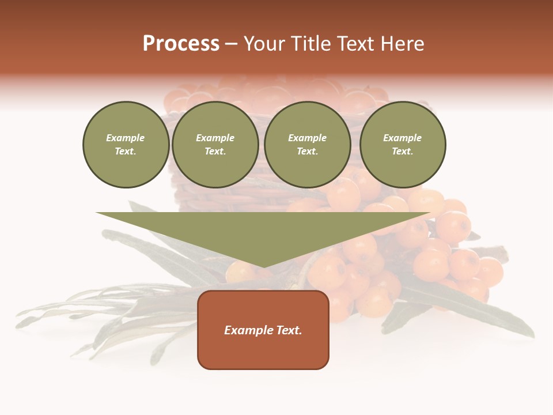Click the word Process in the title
click(181, 44)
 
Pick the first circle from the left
click(126, 145)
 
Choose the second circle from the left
click(215, 145)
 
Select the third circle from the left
click(307, 145)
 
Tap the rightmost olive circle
click(402, 145)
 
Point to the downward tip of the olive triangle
click(263, 266)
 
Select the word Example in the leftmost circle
click(126, 138)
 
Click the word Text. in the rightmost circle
click(402, 152)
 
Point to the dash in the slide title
click(232, 44)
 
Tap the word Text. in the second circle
click(215, 152)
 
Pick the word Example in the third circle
click(307, 138)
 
